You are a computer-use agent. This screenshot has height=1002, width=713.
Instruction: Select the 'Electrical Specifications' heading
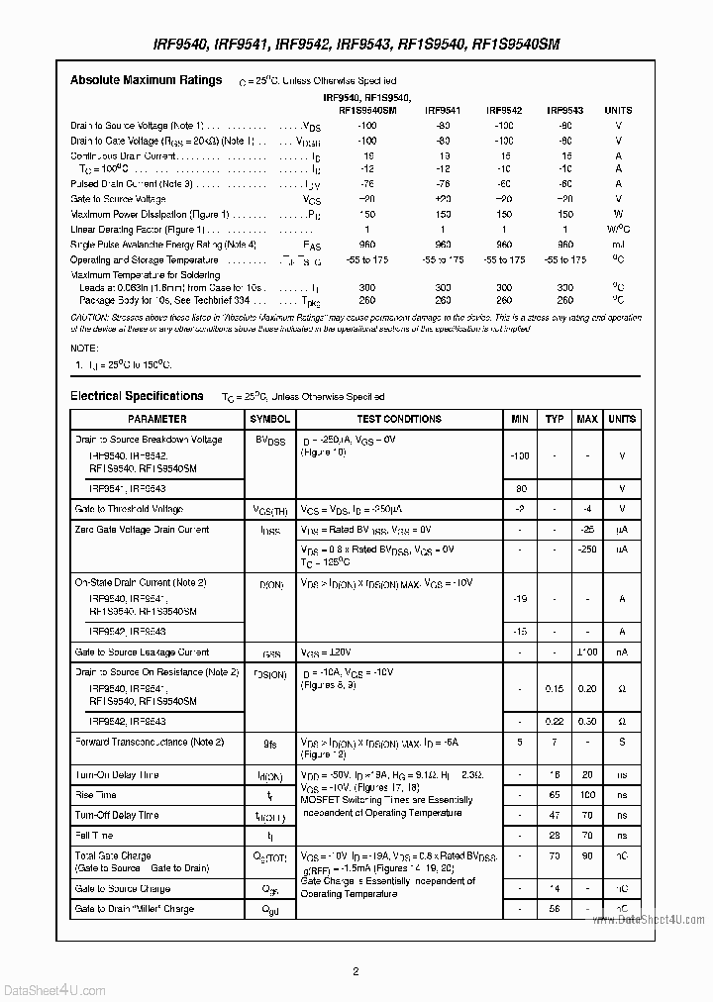pos(137,396)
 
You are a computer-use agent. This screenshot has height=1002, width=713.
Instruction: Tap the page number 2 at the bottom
pos(356,971)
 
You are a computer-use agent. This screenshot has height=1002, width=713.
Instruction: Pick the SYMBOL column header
pos(270,419)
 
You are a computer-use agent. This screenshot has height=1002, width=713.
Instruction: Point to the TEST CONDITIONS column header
pos(399,419)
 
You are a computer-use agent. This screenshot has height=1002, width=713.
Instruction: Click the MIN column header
pos(520,419)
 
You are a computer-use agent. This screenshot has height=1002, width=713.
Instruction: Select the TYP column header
pos(555,419)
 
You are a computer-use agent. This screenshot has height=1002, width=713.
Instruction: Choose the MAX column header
pos(587,419)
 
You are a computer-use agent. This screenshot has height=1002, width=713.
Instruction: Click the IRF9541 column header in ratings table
pos(443,111)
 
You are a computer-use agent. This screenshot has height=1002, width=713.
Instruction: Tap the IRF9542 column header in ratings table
pos(504,111)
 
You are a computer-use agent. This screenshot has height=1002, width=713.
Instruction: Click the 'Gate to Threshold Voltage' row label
pos(129,509)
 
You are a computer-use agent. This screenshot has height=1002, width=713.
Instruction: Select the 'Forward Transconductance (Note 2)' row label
pos(150,742)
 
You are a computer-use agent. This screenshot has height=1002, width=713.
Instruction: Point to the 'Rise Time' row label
pos(96,795)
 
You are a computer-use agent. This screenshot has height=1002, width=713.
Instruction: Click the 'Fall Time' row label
pos(95,836)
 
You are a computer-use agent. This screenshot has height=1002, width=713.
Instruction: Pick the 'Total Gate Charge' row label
pos(113,855)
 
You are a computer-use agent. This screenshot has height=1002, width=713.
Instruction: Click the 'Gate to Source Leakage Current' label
pos(142,652)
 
